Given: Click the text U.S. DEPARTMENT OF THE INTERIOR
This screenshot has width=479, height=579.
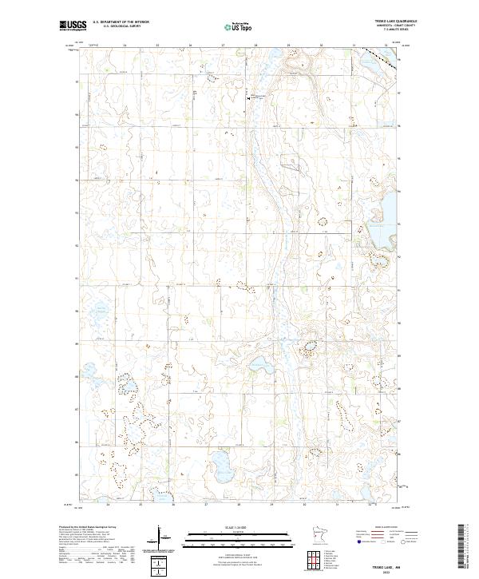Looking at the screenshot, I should [x=121, y=22].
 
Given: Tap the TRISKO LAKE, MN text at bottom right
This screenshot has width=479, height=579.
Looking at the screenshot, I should [x=399, y=564].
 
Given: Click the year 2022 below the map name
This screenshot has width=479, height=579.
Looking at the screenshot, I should [x=400, y=569].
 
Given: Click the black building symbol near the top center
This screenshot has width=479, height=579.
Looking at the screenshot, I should [x=247, y=97].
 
